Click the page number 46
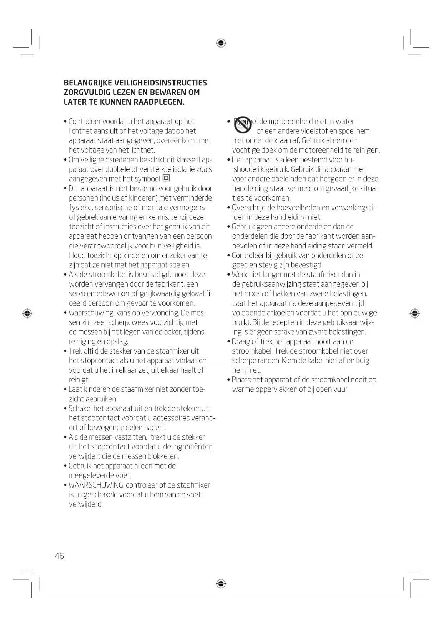[x=59, y=556]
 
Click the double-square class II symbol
[x=166, y=178]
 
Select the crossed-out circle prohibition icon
[x=243, y=124]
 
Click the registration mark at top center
[x=221, y=43]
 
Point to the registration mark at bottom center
[x=221, y=584]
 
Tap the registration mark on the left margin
[x=27, y=313]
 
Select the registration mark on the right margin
[x=414, y=313]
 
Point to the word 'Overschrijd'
[x=249, y=208]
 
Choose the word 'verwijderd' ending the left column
[x=85, y=504]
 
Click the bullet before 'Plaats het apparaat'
[x=229, y=380]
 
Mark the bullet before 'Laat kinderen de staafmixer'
[x=66, y=390]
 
